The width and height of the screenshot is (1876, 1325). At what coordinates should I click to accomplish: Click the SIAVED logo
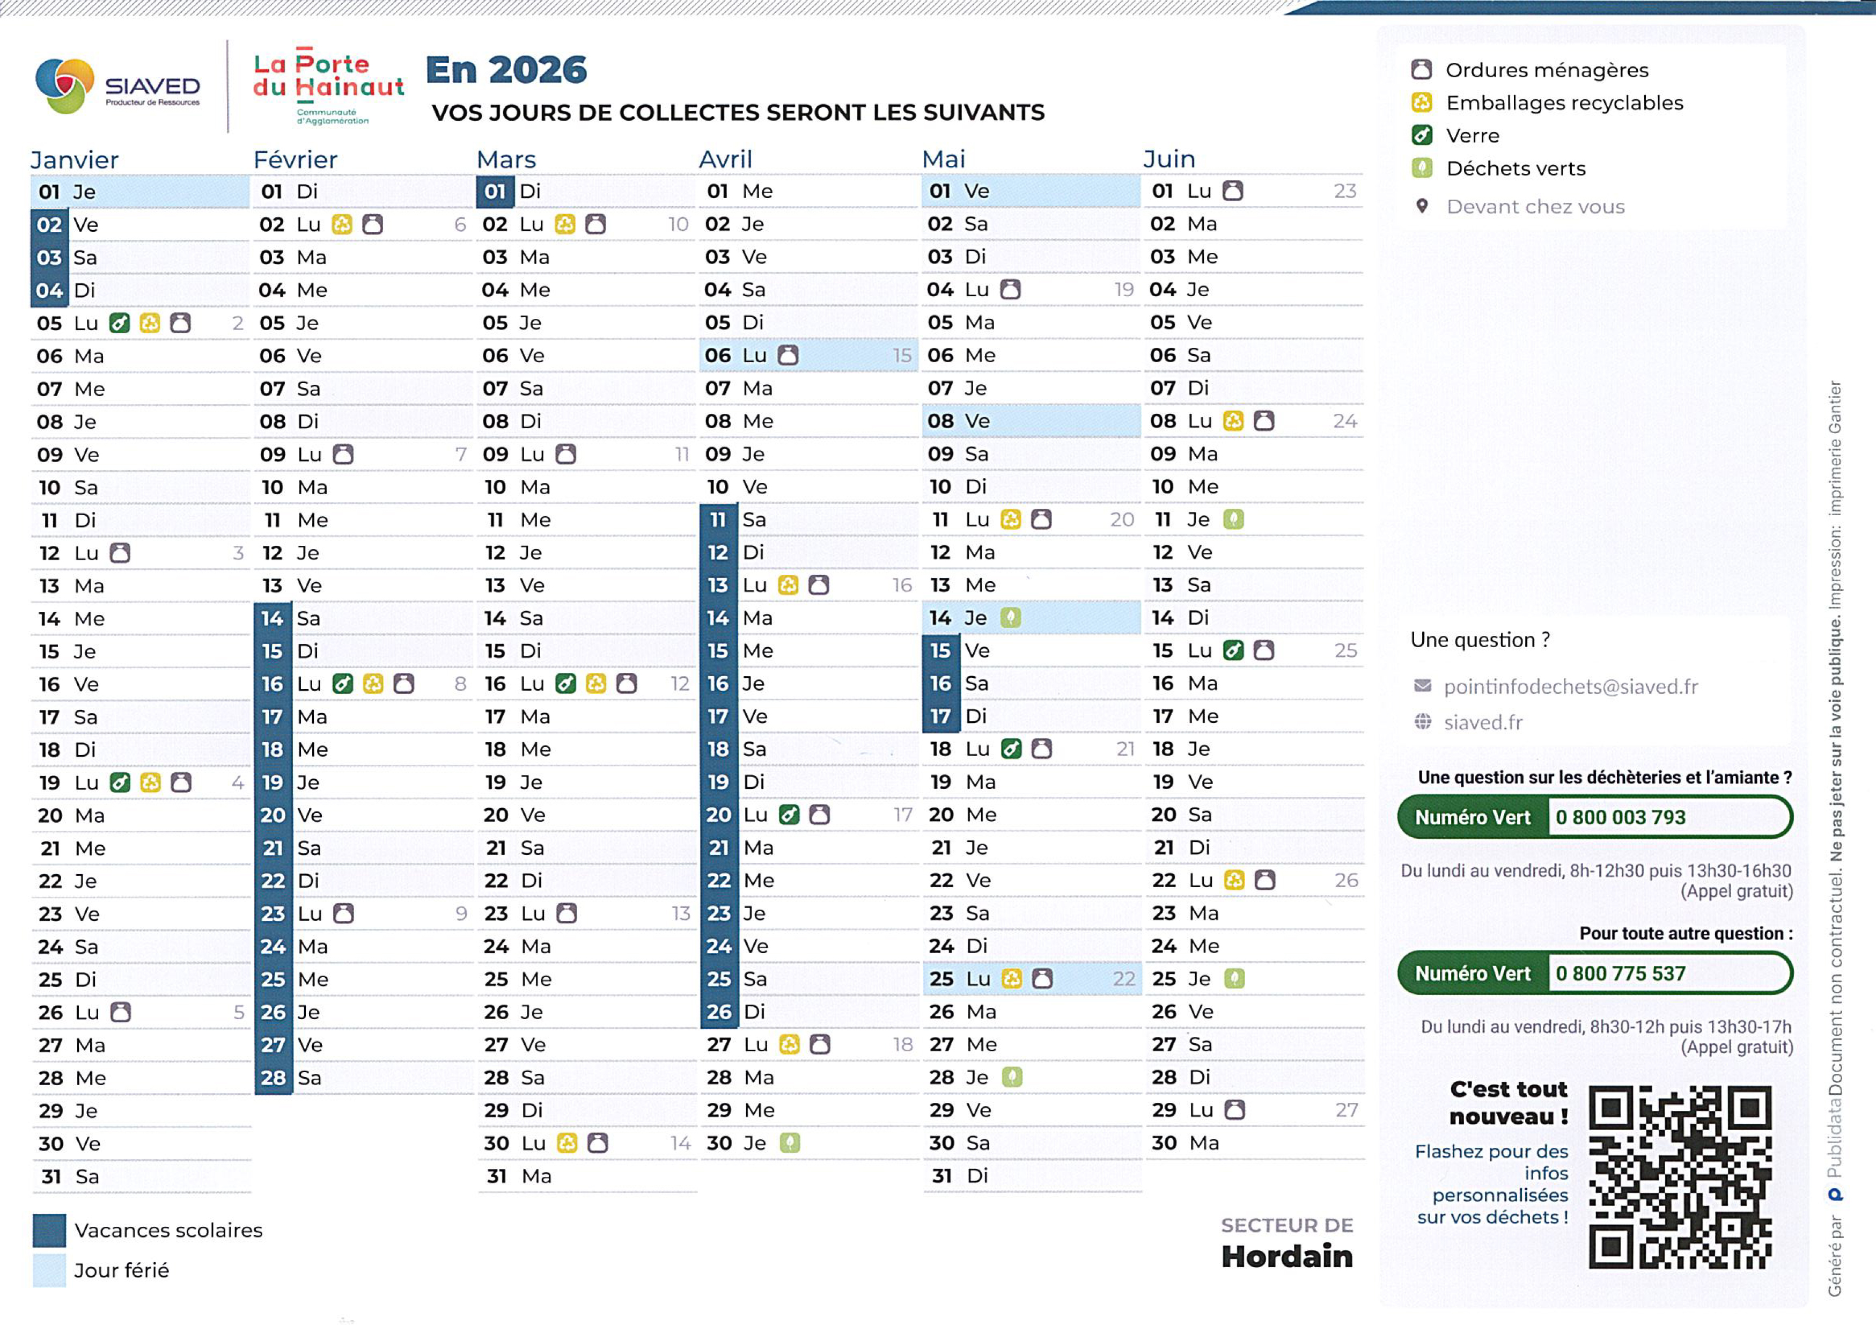pyautogui.click(x=117, y=86)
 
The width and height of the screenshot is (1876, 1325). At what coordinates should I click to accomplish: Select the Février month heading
pyautogui.click(x=295, y=159)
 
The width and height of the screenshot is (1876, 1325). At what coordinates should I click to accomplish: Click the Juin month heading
pyautogui.click(x=1168, y=158)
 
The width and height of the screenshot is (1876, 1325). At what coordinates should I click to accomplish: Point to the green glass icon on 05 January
pyautogui.click(x=119, y=323)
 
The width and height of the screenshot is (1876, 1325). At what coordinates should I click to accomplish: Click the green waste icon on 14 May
pyautogui.click(x=1011, y=618)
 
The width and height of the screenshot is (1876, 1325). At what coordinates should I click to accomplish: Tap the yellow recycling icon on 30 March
pyautogui.click(x=566, y=1143)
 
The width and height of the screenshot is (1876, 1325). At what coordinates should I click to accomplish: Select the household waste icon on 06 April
pyautogui.click(x=788, y=356)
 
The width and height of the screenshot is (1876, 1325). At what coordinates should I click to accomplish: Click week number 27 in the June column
pyautogui.click(x=1346, y=1110)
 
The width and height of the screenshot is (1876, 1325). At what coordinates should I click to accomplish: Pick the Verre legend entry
pyautogui.click(x=1473, y=136)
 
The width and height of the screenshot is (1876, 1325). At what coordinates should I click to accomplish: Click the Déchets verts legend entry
pyautogui.click(x=1515, y=169)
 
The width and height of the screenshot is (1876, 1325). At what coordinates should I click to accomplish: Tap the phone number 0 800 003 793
pyautogui.click(x=1620, y=817)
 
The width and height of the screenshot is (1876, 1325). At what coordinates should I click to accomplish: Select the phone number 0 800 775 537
pyautogui.click(x=1620, y=973)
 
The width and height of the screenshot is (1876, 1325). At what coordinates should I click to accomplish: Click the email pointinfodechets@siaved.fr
pyautogui.click(x=1570, y=686)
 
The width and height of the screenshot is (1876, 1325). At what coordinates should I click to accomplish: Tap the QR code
pyautogui.click(x=1679, y=1177)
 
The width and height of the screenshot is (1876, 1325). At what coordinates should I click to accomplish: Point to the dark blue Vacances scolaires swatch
pyautogui.click(x=49, y=1230)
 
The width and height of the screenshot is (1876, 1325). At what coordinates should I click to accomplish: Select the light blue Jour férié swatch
pyautogui.click(x=49, y=1270)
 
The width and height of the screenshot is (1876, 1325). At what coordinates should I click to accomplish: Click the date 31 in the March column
pyautogui.click(x=496, y=1176)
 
